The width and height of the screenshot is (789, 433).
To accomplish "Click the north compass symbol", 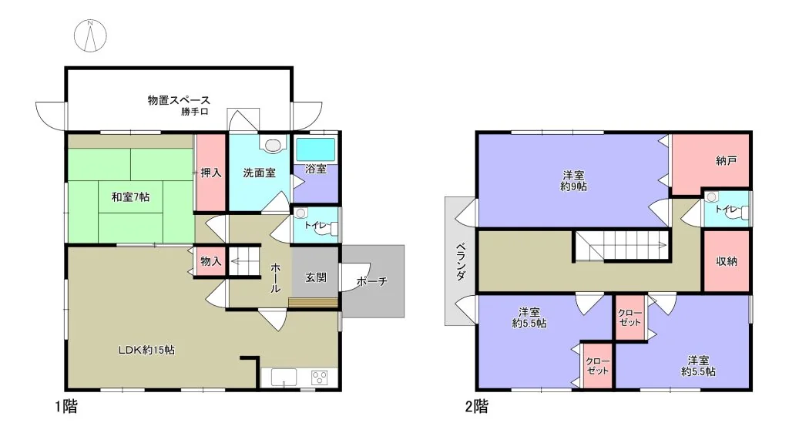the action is click(x=91, y=35).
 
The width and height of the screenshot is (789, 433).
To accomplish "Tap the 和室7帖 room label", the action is click(x=130, y=196).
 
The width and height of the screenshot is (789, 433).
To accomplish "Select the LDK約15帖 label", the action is click(x=146, y=350).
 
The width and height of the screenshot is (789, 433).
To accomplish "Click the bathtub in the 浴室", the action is click(x=315, y=149).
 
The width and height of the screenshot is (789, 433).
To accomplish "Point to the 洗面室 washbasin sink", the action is click(x=272, y=145).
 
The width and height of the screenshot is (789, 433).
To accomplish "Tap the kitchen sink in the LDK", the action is click(x=284, y=378).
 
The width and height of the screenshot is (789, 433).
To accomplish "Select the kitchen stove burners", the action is click(x=320, y=378).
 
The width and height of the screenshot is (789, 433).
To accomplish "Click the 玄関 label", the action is click(x=316, y=277).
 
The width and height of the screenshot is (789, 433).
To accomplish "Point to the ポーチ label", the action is click(x=372, y=281).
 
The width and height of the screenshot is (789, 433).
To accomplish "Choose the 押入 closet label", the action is click(x=211, y=173).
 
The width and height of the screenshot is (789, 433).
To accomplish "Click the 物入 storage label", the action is click(x=211, y=261).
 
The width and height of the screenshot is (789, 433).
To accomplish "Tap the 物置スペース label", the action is click(x=179, y=100).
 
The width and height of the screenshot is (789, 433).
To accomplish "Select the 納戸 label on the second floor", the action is click(x=726, y=160).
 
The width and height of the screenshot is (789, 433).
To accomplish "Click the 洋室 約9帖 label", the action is click(x=573, y=180).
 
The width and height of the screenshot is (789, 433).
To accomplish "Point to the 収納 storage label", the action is click(x=726, y=261).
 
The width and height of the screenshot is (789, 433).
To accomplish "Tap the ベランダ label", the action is click(x=461, y=261).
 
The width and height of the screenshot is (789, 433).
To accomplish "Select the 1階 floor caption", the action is click(x=66, y=406).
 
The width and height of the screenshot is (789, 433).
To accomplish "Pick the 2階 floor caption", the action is click(x=476, y=406).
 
